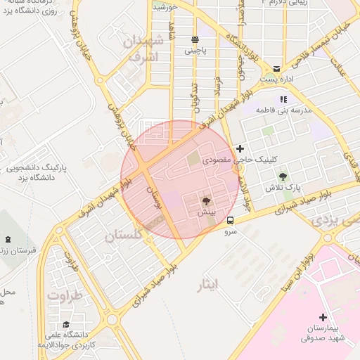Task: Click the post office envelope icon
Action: click(276, 69)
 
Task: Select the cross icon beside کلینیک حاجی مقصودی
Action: click(240, 148)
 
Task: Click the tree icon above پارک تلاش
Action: click(283, 176)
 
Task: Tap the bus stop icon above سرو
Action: click(231, 220)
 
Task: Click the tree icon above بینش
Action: click(205, 200)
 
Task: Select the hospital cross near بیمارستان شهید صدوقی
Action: click(323, 317)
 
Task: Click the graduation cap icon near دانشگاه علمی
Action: click(66, 324)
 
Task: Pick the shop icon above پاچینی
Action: click(195, 39)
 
